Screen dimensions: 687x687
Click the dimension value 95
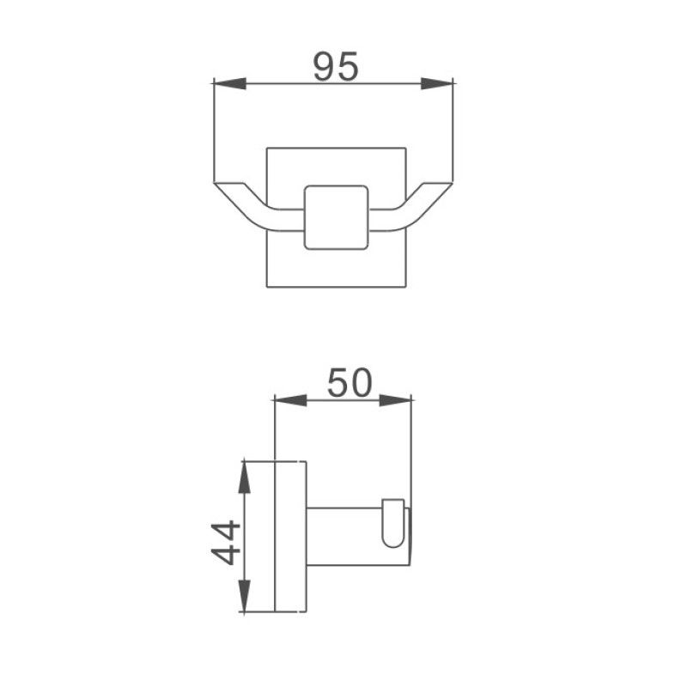[x=335, y=66]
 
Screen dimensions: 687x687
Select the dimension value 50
[x=350, y=382]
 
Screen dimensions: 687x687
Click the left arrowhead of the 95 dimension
[x=228, y=83]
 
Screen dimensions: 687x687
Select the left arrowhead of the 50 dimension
[x=289, y=398]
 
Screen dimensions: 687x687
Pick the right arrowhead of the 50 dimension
[x=397, y=398]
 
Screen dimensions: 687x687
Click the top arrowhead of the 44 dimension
[x=245, y=477]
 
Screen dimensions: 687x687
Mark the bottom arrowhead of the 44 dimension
[x=245, y=597]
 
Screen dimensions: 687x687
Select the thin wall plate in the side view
[x=289, y=537]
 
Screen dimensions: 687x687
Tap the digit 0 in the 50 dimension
[x=361, y=382]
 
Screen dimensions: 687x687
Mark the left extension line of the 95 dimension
[x=212, y=129]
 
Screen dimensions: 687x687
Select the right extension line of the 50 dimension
[x=413, y=447]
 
